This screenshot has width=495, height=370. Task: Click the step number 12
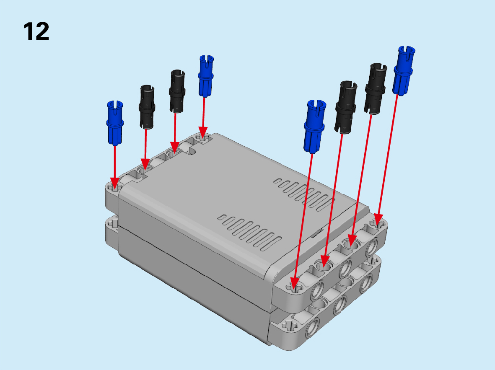(36, 31)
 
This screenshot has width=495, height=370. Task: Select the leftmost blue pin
(115, 123)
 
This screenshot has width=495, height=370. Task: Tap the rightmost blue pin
(404, 71)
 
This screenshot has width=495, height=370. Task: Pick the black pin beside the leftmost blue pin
(147, 107)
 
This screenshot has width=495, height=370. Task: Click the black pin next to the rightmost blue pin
(376, 89)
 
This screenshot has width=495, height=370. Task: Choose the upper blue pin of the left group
(206, 76)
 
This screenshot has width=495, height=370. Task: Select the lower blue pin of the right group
(314, 127)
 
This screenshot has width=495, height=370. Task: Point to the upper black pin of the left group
(177, 91)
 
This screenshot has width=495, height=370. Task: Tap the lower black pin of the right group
(345, 107)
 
